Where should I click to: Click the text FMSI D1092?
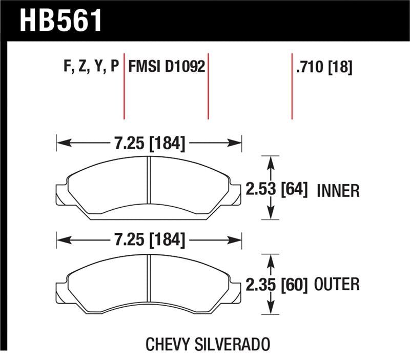(167, 67)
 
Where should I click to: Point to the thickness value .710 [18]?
(323, 68)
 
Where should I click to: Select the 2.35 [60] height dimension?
(277, 284)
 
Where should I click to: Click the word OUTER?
(339, 284)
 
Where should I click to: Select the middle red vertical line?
(208, 87)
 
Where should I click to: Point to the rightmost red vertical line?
(292, 87)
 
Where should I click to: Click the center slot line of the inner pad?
(148, 188)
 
